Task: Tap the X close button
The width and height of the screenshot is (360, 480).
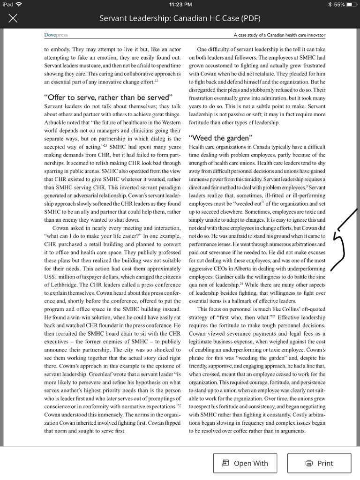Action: point(13,19)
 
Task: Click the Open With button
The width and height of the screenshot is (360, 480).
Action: point(245,463)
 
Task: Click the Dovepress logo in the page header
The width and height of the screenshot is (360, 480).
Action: point(52,35)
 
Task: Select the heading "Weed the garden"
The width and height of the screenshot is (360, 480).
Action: point(220,138)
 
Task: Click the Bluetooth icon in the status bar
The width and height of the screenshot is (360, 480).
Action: point(329,5)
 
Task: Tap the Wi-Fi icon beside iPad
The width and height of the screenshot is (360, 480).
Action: point(19,5)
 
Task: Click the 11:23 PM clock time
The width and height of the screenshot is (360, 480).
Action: point(180,5)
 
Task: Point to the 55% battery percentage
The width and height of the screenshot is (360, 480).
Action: point(339,5)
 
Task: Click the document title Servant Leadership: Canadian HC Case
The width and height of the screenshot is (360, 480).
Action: point(180,19)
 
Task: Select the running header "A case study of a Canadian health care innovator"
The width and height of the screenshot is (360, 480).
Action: point(279,35)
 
